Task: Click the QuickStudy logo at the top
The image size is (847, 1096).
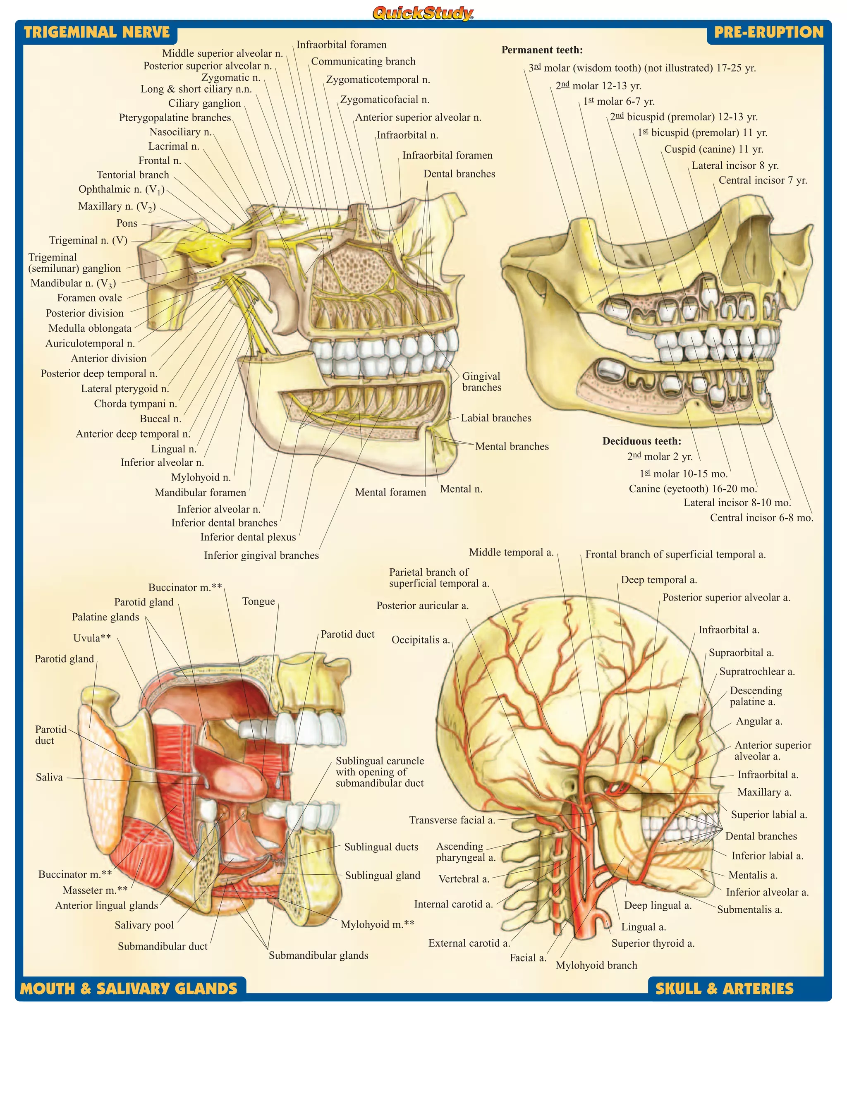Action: tap(423, 13)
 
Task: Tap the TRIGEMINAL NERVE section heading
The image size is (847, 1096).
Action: tap(97, 33)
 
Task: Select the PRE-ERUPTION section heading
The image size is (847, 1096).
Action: tap(768, 33)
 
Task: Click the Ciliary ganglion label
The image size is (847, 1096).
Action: tap(204, 103)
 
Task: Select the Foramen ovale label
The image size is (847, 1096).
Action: tap(89, 298)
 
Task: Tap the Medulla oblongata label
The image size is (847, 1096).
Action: tap(90, 328)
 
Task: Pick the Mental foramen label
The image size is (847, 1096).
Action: tap(390, 492)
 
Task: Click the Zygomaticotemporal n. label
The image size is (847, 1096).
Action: tap(378, 80)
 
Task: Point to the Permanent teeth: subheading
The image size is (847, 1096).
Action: tap(542, 50)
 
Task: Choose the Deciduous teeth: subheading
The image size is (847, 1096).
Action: tap(642, 441)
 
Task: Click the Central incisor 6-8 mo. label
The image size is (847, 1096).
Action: tap(761, 517)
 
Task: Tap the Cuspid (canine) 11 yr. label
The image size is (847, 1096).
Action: tap(713, 149)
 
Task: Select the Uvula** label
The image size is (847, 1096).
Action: tap(92, 638)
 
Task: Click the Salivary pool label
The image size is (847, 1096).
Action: tap(144, 925)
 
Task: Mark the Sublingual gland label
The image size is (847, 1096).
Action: tap(383, 875)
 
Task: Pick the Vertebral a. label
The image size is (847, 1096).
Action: tap(464, 879)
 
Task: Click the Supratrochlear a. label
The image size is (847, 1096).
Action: tap(757, 671)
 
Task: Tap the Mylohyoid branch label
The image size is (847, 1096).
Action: tap(596, 965)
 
